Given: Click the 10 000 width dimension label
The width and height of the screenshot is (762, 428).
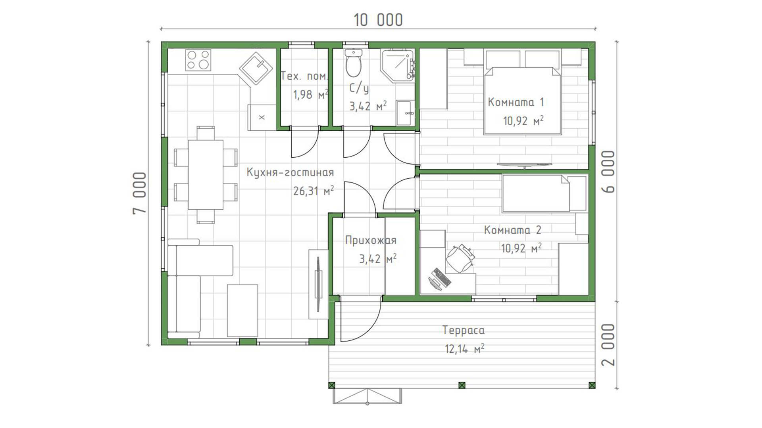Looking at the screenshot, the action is pos(378,20).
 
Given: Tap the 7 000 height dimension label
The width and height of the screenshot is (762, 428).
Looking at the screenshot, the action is pos(140,193).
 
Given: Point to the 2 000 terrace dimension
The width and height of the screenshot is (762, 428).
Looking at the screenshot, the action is pos(608,344).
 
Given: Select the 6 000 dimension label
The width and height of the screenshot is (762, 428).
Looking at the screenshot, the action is pos(608,171).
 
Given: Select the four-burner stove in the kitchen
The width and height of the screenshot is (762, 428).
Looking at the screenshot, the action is pos(198,60).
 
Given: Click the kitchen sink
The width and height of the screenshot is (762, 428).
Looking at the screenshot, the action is pos(256,68).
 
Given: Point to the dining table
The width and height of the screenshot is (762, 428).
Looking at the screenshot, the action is pos(206,174).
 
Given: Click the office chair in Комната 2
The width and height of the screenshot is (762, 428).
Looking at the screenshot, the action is pos(460,258).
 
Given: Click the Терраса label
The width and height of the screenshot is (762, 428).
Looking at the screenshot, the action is pos(463,330).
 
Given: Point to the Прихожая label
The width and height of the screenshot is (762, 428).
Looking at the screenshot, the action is pos(371,240).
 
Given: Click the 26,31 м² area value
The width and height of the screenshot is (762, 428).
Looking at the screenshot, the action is pos(314,191).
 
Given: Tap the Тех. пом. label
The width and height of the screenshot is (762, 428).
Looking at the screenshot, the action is pos(304,76).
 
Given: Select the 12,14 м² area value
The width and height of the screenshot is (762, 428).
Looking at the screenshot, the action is pos(464,349).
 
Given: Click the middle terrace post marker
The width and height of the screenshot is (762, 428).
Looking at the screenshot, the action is pos(462,385).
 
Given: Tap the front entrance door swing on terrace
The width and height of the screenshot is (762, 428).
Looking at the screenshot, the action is pos(359,320).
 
